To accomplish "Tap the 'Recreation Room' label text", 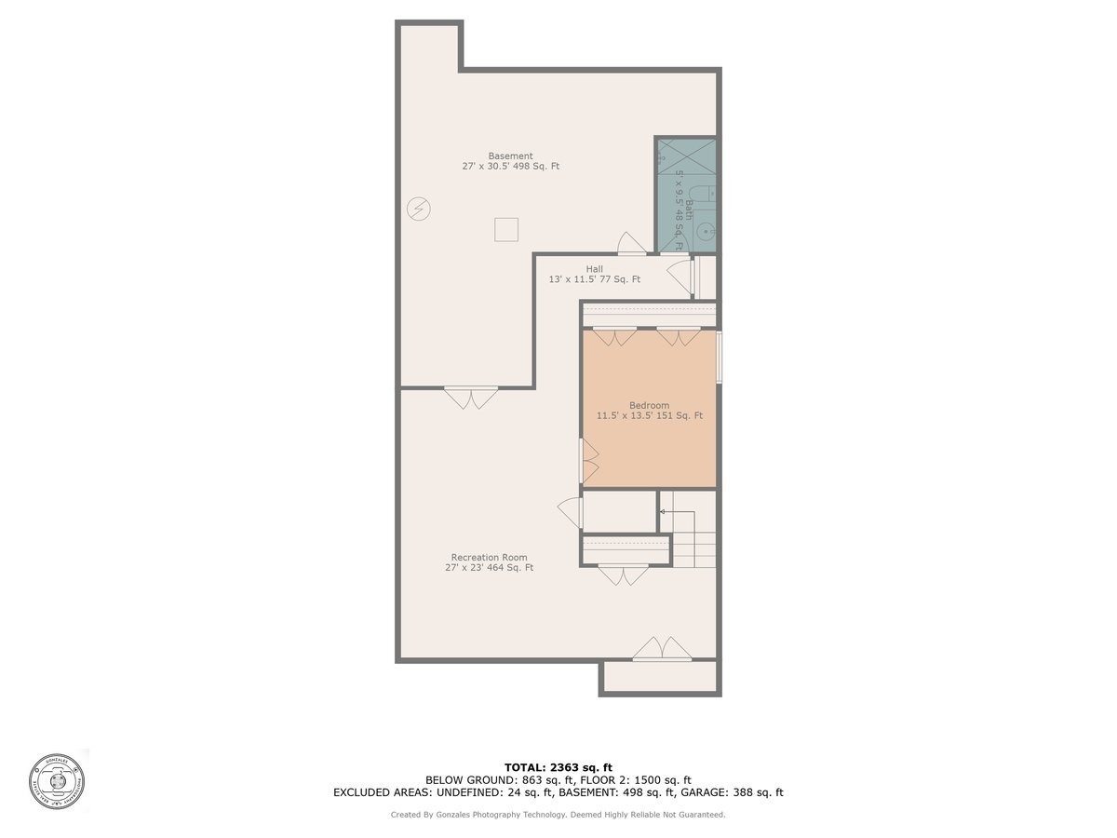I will pos(489,558).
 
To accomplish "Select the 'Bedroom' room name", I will pos(649,405).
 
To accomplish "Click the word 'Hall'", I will pos(594,269).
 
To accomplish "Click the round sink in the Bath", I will pos(707,233).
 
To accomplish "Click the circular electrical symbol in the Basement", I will pos(419,209).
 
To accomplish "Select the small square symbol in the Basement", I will pos(505,229).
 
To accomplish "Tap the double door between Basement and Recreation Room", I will pos(471,398).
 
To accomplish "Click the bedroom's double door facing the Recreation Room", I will pos(589,460).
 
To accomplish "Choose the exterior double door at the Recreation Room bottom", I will pos(662,649).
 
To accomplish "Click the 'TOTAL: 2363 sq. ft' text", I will pos(558,766).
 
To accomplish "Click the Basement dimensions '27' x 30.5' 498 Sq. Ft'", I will pos(510,167).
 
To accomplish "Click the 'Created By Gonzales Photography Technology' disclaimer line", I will pos(558,815).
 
